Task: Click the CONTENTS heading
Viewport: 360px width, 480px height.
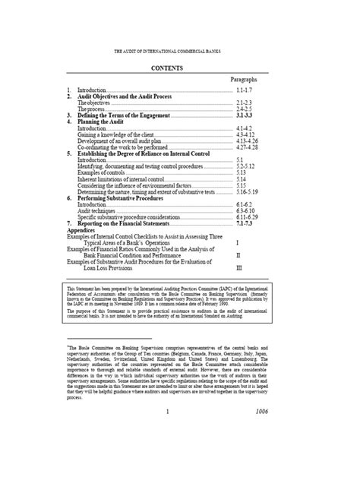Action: [179, 67]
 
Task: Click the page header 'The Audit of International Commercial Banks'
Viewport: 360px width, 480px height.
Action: [179, 52]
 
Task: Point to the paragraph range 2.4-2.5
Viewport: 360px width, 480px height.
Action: [244, 109]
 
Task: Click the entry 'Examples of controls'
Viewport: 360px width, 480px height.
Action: [106, 172]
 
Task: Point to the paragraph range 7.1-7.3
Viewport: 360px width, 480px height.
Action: [245, 225]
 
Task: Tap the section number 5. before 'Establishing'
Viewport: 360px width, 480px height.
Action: [69, 153]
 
